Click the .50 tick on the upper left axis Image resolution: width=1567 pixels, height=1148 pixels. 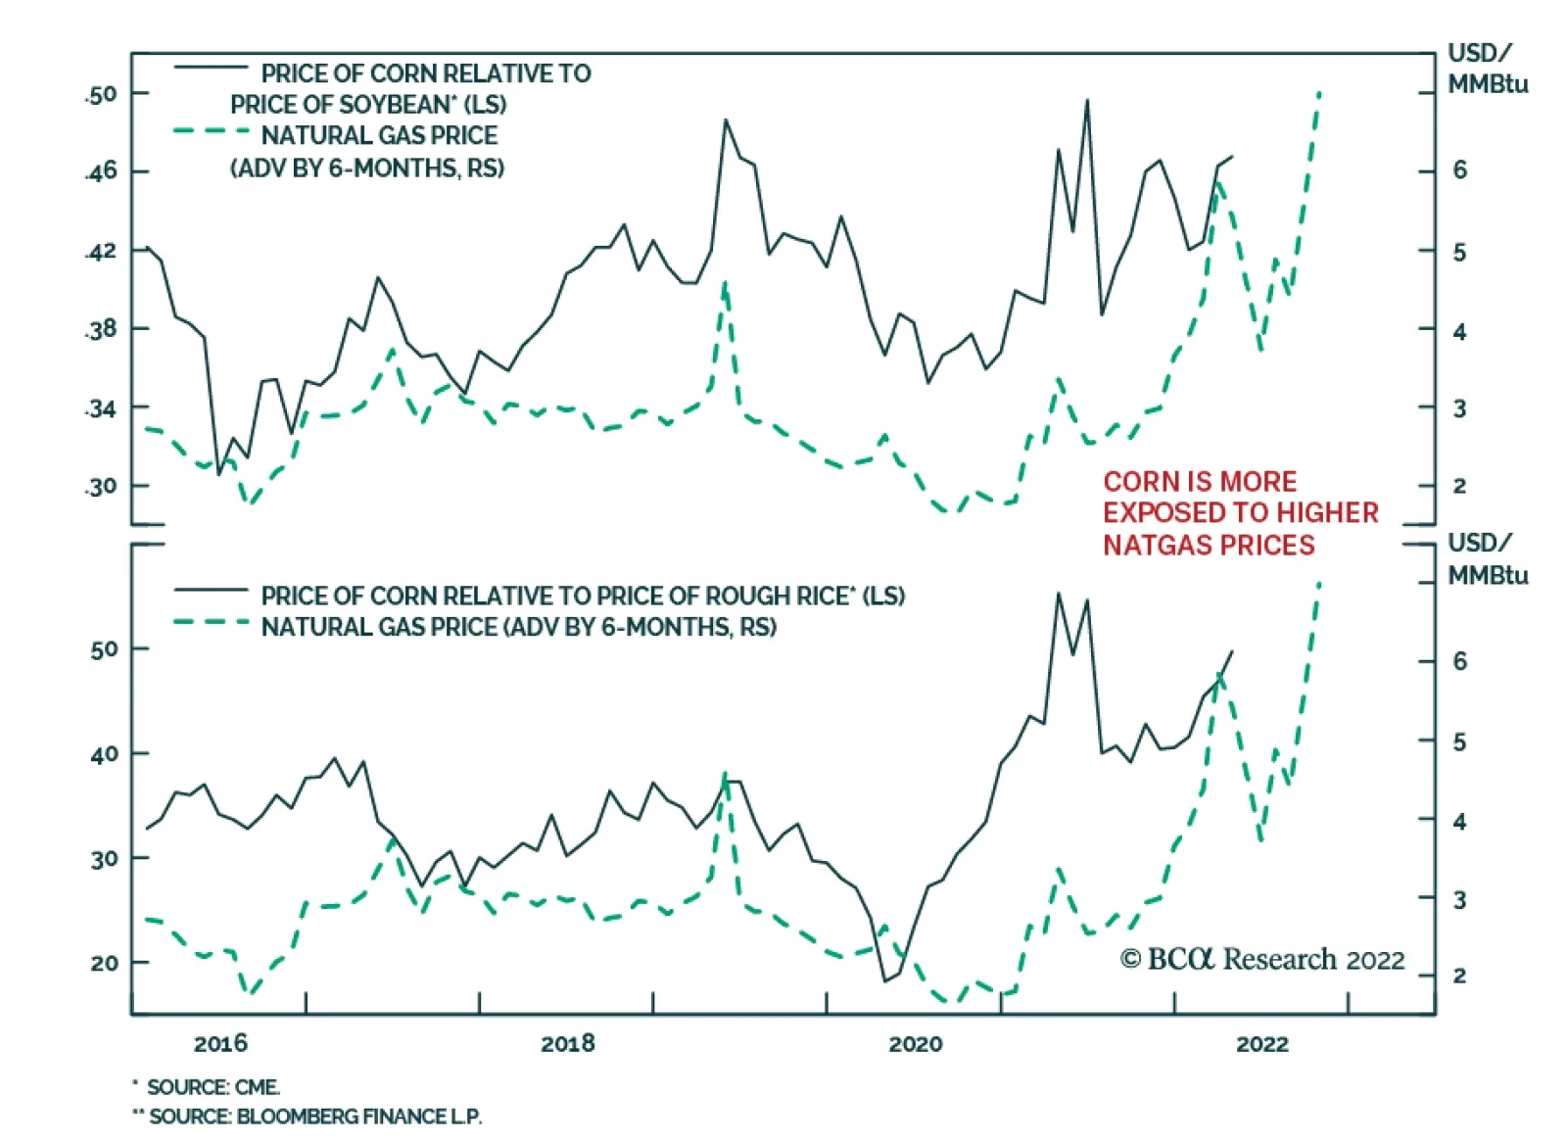(x=101, y=94)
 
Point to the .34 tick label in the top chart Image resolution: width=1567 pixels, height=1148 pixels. (x=101, y=407)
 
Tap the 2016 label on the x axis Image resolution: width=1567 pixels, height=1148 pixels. (x=220, y=1043)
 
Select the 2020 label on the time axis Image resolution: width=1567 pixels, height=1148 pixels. (x=915, y=1043)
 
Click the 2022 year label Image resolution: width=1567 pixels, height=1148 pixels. (x=1262, y=1043)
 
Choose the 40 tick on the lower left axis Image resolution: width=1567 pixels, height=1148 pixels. (x=104, y=754)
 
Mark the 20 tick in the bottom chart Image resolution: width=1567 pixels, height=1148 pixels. (x=104, y=963)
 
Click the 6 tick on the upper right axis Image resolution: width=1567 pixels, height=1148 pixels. (x=1459, y=170)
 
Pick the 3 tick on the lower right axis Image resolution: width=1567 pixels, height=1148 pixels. (x=1459, y=898)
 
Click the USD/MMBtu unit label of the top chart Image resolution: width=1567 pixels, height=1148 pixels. (x=1487, y=69)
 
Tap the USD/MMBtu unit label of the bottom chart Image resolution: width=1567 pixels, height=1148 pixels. (x=1487, y=558)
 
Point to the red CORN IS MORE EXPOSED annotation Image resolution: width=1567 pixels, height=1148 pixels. (x=1240, y=513)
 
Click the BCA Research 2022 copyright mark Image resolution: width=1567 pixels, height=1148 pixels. (x=1262, y=959)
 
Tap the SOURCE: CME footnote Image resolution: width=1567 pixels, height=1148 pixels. (x=213, y=1086)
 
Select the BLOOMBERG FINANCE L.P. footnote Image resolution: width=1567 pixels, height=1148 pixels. (x=358, y=1116)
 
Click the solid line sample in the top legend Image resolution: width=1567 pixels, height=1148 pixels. (x=211, y=68)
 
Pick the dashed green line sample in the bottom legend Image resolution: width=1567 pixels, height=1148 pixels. (x=211, y=622)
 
